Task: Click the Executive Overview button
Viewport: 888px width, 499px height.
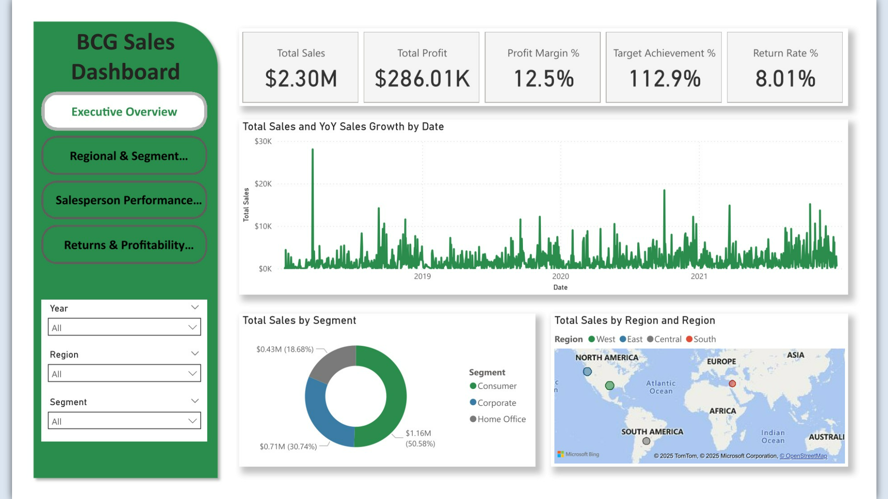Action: [x=124, y=111]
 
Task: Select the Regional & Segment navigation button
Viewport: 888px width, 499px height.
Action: [x=124, y=156]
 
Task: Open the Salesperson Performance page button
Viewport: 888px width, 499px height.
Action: [x=124, y=200]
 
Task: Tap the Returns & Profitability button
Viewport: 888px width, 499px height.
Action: [x=124, y=245]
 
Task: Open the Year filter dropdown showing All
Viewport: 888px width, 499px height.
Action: [x=124, y=327]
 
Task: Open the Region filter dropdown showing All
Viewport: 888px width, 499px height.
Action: [x=124, y=374]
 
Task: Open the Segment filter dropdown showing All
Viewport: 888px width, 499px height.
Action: [x=124, y=421]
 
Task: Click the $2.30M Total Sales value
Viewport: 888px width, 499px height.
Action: [x=301, y=79]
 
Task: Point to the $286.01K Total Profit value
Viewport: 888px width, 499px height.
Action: [x=422, y=79]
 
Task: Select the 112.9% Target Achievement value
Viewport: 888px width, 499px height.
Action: [x=664, y=79]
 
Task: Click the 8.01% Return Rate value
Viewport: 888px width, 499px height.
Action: [x=785, y=79]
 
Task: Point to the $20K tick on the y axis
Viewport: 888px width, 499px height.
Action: [x=263, y=184]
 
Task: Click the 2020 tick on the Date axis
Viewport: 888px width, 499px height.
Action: [x=560, y=276]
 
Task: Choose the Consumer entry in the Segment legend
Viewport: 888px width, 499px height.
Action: [x=493, y=386]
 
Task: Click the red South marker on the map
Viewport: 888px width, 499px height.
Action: [x=732, y=383]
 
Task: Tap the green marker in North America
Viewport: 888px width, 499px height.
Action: [x=609, y=385]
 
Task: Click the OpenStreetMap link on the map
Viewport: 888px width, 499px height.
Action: [x=803, y=456]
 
